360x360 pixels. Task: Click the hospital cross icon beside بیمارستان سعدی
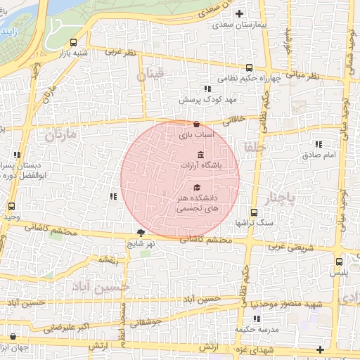pyautogui.click(x=240, y=13)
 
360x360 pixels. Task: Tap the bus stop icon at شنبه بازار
pyautogui.click(x=75, y=42)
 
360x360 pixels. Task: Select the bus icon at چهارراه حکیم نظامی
pyautogui.click(x=249, y=68)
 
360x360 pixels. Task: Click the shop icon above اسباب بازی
pyautogui.click(x=186, y=124)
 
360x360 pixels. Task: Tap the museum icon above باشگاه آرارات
pyautogui.click(x=201, y=155)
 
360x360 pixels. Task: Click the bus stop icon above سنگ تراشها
pyautogui.click(x=254, y=212)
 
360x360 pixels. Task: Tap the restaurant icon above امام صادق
pyautogui.click(x=319, y=143)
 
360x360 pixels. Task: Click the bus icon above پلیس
pyautogui.click(x=339, y=262)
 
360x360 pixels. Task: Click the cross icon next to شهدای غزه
pyautogui.click(x=321, y=349)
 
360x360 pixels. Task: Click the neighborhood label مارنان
pyautogui.click(x=61, y=134)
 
